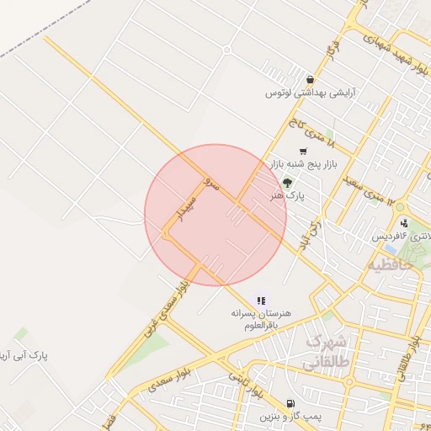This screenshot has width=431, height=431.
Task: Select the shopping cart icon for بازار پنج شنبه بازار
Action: pos(302,152)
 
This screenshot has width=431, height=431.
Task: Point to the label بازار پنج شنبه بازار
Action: pos(304,164)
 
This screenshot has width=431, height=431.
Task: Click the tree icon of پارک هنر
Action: pos(288,183)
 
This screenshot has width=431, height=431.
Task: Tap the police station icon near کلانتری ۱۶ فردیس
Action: pos(404,223)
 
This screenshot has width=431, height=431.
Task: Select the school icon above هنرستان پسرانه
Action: pos(261,301)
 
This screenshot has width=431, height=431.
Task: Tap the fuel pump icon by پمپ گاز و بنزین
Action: pos(290,403)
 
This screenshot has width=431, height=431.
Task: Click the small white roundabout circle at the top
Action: pos(226,50)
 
